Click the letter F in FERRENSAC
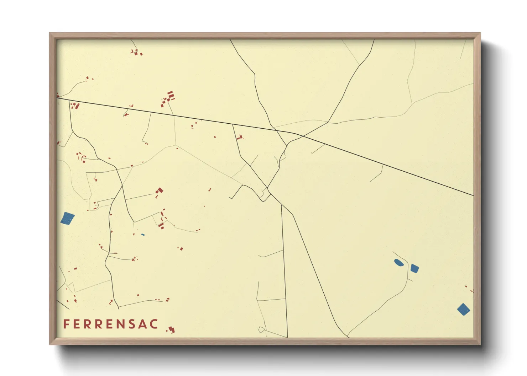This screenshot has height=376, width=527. point(66,324)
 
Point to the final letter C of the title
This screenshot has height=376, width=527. point(154,324)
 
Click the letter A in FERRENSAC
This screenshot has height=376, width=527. point(143,324)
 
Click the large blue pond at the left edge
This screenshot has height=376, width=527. point(67,218)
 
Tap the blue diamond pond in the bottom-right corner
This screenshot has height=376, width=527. point(463,309)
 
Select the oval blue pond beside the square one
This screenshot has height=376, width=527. point(398,263)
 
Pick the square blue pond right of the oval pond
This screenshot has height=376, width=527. point(414,268)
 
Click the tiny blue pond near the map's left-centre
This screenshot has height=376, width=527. point(143,235)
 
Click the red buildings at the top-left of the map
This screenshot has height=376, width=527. point(136,53)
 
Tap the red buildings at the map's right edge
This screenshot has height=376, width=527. point(469,289)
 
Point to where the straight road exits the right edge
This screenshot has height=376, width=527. point(473,195)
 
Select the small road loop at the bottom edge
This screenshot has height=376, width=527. point(261,329)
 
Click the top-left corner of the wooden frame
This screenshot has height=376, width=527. point(50,33)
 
